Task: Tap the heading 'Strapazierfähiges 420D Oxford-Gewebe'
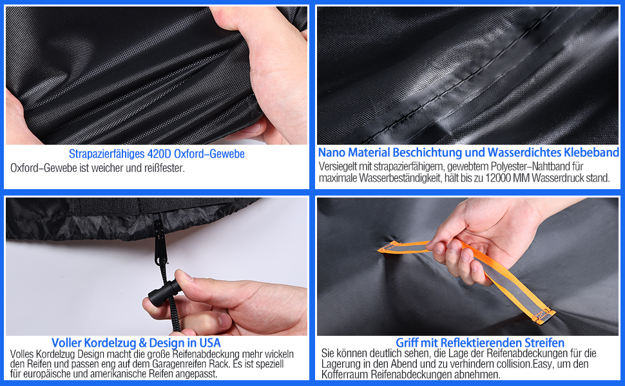(x=157, y=154)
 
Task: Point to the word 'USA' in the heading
(x=209, y=343)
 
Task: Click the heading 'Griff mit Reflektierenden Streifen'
(x=480, y=343)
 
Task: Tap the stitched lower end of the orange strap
(x=543, y=315)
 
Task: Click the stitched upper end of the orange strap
(x=389, y=248)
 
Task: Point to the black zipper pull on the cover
(x=159, y=243)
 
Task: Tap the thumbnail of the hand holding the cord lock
(x=156, y=266)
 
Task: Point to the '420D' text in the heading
(x=159, y=154)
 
